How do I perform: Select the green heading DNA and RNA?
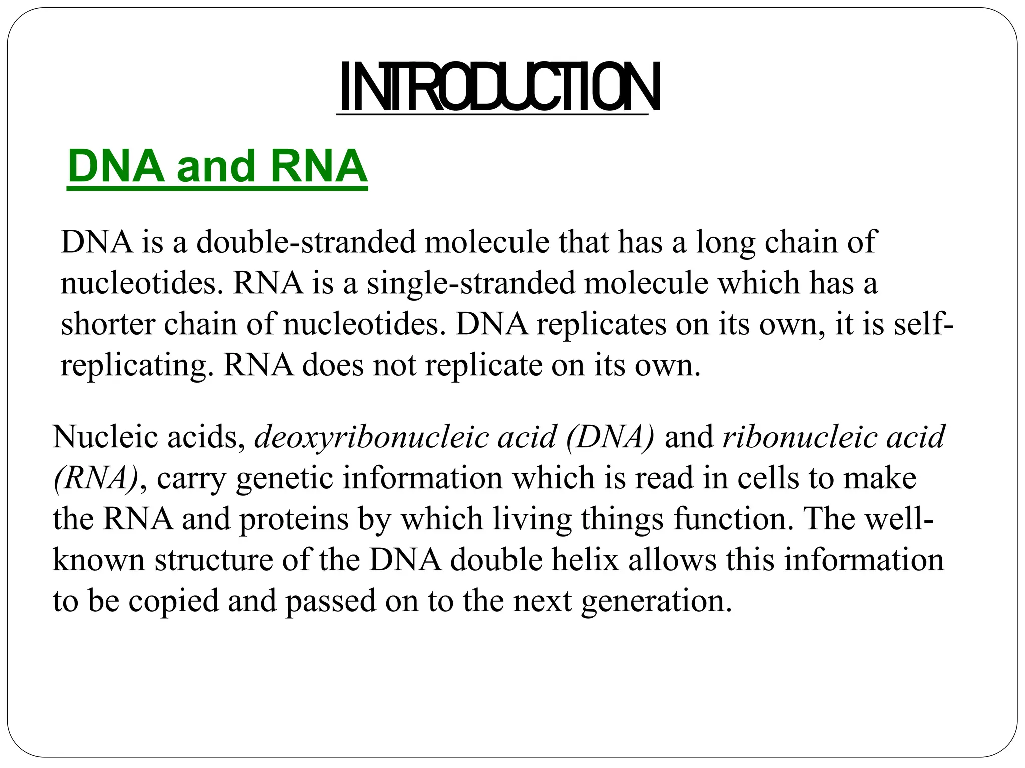[x=217, y=166]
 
